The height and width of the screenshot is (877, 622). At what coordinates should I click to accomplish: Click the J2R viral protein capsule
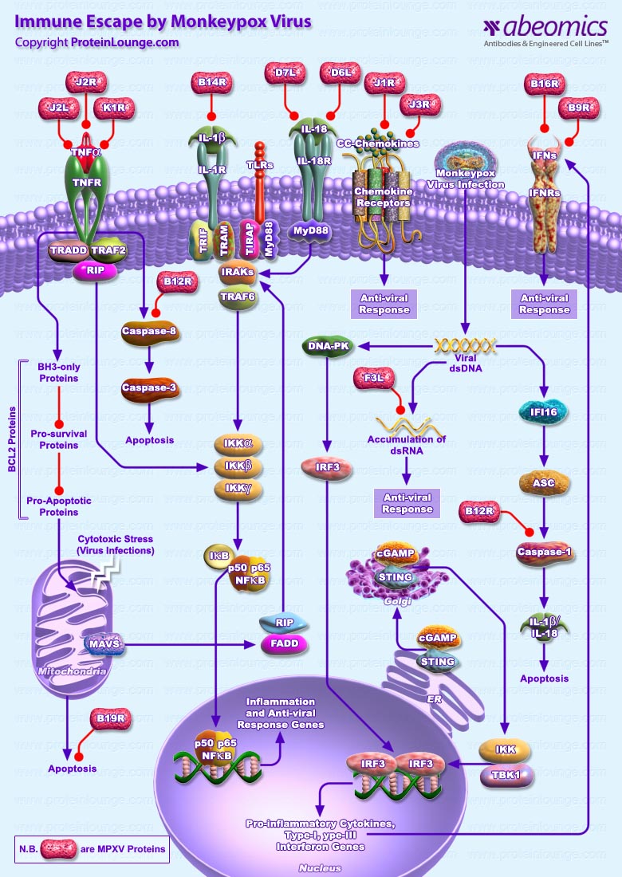[86, 83]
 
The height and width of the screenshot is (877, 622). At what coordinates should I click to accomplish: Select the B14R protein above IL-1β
[213, 83]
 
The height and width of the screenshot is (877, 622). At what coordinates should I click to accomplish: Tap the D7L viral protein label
[285, 73]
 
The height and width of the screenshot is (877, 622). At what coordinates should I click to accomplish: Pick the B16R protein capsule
[546, 83]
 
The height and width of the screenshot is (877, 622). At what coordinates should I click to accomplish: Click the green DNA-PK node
[328, 346]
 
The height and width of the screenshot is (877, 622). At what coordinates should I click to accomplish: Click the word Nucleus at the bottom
[319, 867]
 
